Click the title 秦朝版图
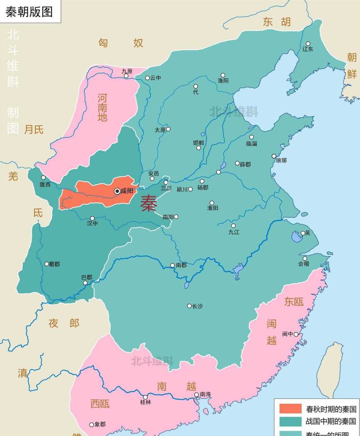coord(29,12)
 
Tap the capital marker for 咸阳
coord(117,191)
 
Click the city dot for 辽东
coord(308,44)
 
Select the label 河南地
coord(102,108)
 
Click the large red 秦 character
coord(149,203)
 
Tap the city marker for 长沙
coord(189,306)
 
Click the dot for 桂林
coord(145,397)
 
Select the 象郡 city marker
coord(92,425)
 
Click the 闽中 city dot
coord(296,334)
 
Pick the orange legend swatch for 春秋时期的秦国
coord(290,409)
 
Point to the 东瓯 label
coord(294,302)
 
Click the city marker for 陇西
coord(43,177)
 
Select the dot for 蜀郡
coord(47,264)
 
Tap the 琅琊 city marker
coord(274,156)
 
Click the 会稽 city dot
coord(305,258)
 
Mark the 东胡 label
coord(277,22)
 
